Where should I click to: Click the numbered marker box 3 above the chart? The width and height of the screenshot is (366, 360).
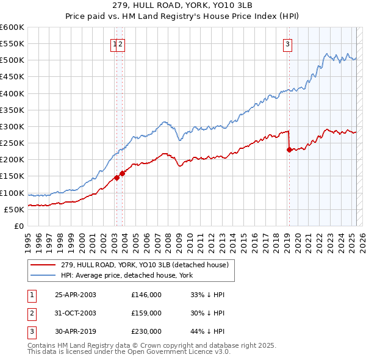point(287,43)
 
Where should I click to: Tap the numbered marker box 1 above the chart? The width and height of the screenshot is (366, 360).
point(114,43)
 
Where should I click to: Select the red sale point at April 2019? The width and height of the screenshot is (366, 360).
point(289,150)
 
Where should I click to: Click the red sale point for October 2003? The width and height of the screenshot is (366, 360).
point(123,173)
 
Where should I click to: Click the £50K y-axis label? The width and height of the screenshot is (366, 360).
point(15,209)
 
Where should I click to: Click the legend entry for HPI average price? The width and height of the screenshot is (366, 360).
point(126,275)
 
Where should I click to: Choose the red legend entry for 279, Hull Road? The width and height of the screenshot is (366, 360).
point(144,265)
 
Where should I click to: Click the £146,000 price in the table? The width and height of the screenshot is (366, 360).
point(146,295)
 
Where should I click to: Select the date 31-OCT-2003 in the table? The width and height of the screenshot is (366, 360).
point(76,313)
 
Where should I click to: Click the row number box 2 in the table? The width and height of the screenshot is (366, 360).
point(31,313)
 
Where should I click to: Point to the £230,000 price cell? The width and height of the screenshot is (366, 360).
point(146,331)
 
